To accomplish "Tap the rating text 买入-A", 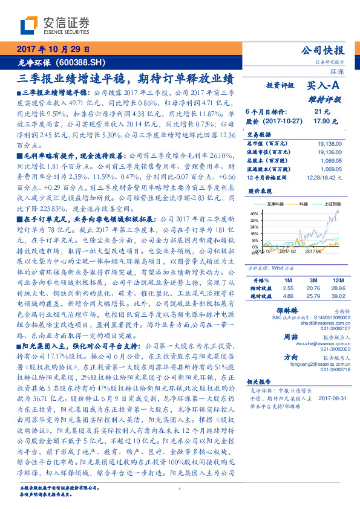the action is pyautogui.click(x=326, y=86).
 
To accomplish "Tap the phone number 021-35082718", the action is pyautogui.click(x=330, y=369).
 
